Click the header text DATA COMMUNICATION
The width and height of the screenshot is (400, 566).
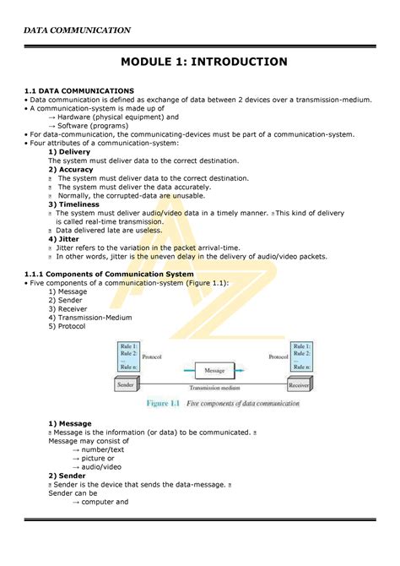[x=77, y=30]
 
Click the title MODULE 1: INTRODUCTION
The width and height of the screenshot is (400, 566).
[x=204, y=62]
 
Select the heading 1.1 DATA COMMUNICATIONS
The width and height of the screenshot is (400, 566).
[x=78, y=90]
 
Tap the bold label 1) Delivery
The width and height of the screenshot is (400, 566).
[x=75, y=152]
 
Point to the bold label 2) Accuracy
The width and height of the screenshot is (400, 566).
[x=76, y=169]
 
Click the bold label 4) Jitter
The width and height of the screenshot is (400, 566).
[x=68, y=239]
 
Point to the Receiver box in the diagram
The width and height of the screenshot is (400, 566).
[x=299, y=384]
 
